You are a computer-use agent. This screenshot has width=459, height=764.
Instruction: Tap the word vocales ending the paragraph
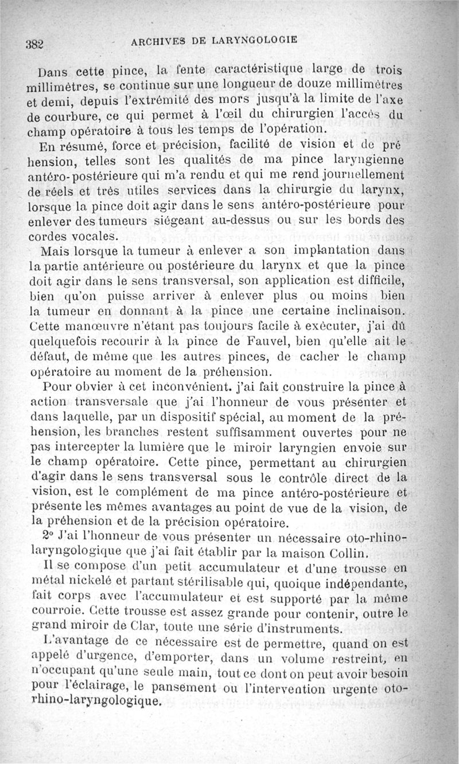coord(91,236)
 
